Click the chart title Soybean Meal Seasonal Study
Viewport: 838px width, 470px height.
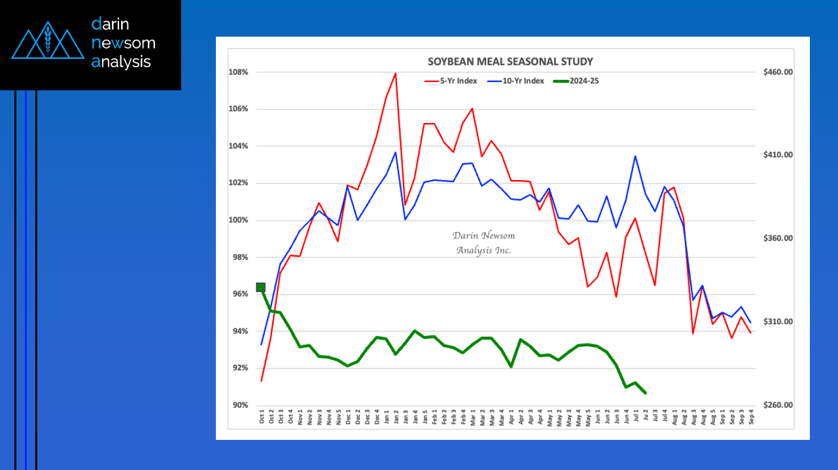[510, 62]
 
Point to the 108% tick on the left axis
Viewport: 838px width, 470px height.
[238, 72]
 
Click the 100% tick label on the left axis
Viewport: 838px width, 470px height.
[238, 220]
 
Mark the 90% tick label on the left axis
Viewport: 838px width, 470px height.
[239, 405]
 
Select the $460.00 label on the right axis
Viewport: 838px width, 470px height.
[778, 72]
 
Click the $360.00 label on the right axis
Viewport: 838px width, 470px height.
[778, 238]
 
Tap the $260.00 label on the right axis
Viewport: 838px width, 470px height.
[778, 405]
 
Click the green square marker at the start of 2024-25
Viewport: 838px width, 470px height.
[261, 287]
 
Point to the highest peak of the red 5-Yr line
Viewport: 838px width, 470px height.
[395, 73]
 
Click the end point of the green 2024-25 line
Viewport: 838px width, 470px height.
[646, 393]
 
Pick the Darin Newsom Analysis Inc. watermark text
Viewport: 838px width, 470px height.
[483, 243]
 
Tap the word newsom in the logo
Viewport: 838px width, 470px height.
[124, 43]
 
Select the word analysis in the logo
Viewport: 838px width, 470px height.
[121, 62]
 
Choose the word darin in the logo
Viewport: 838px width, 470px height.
[111, 24]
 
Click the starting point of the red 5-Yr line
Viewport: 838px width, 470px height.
[262, 381]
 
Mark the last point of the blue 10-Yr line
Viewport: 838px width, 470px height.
[750, 323]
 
